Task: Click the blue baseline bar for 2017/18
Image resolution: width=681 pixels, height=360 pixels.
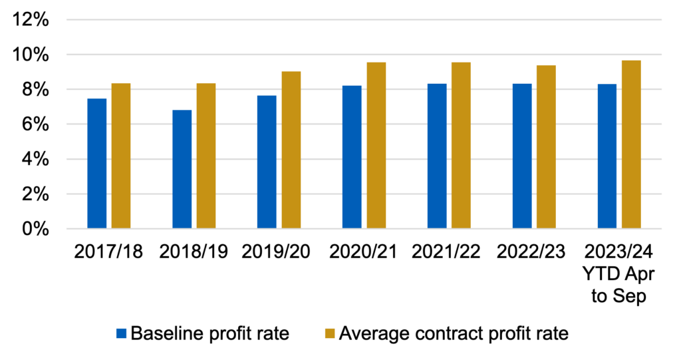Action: click(96, 164)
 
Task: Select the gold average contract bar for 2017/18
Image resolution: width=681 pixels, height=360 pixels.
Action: click(121, 156)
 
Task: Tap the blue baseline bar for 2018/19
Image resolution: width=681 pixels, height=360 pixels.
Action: click(182, 170)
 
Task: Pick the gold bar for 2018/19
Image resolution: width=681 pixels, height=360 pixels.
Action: click(206, 156)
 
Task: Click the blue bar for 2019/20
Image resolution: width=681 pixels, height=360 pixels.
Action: click(267, 162)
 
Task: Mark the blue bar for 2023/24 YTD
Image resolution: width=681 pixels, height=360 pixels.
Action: click(607, 156)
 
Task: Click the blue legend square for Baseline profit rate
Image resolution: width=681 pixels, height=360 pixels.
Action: click(121, 333)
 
